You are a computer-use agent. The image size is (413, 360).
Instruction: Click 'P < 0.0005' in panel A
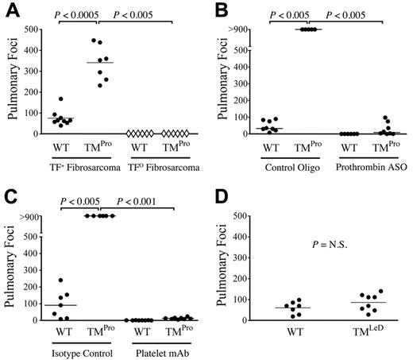(x=79, y=14)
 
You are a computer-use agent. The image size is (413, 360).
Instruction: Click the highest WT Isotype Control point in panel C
(x=58, y=280)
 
